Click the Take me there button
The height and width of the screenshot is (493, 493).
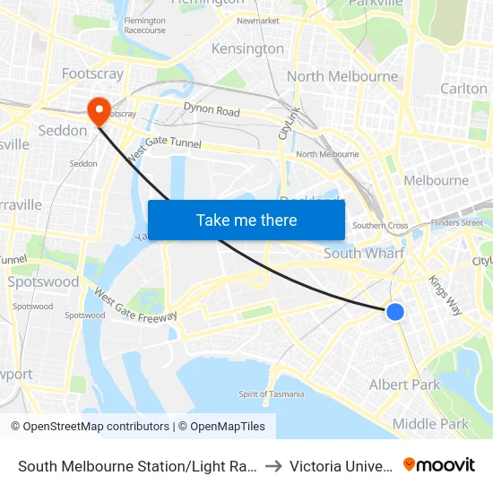pyautogui.click(x=246, y=220)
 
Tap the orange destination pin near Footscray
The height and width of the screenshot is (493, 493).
pyautogui.click(x=99, y=111)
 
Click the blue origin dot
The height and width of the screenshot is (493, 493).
pyautogui.click(x=394, y=312)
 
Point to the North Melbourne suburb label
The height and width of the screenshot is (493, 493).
pyautogui.click(x=342, y=76)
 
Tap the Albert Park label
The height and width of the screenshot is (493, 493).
pyautogui.click(x=405, y=385)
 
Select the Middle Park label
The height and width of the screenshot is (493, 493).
pyautogui.click(x=430, y=424)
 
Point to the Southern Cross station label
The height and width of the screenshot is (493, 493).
pyautogui.click(x=380, y=226)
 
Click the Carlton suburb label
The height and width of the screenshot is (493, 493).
pyautogui.click(x=463, y=88)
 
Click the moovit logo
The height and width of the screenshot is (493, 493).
pyautogui.click(x=439, y=464)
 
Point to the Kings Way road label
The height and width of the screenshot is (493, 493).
pyautogui.click(x=445, y=294)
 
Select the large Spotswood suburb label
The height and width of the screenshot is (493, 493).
pyautogui.click(x=43, y=281)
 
